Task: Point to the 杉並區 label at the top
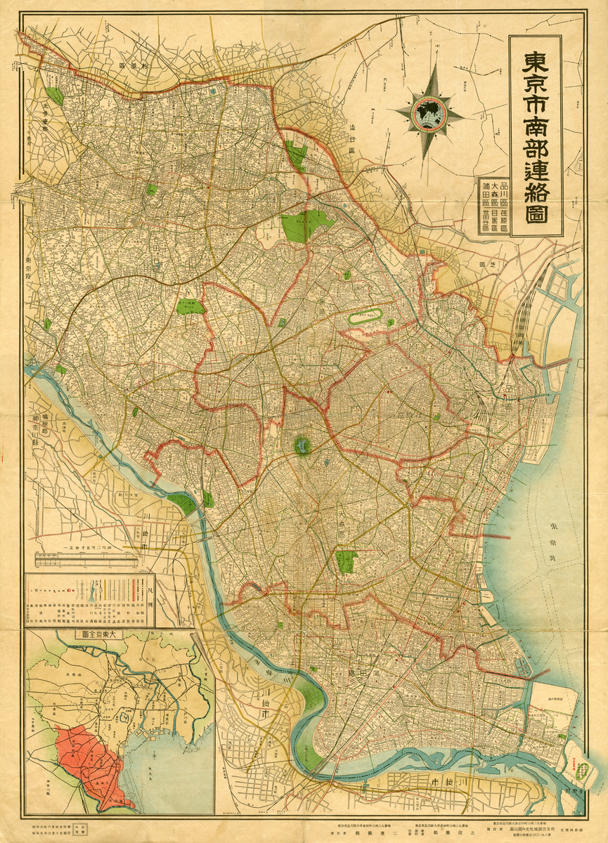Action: coord(136,65)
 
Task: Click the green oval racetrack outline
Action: coord(366,316)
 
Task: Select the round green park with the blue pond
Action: coord(302,445)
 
